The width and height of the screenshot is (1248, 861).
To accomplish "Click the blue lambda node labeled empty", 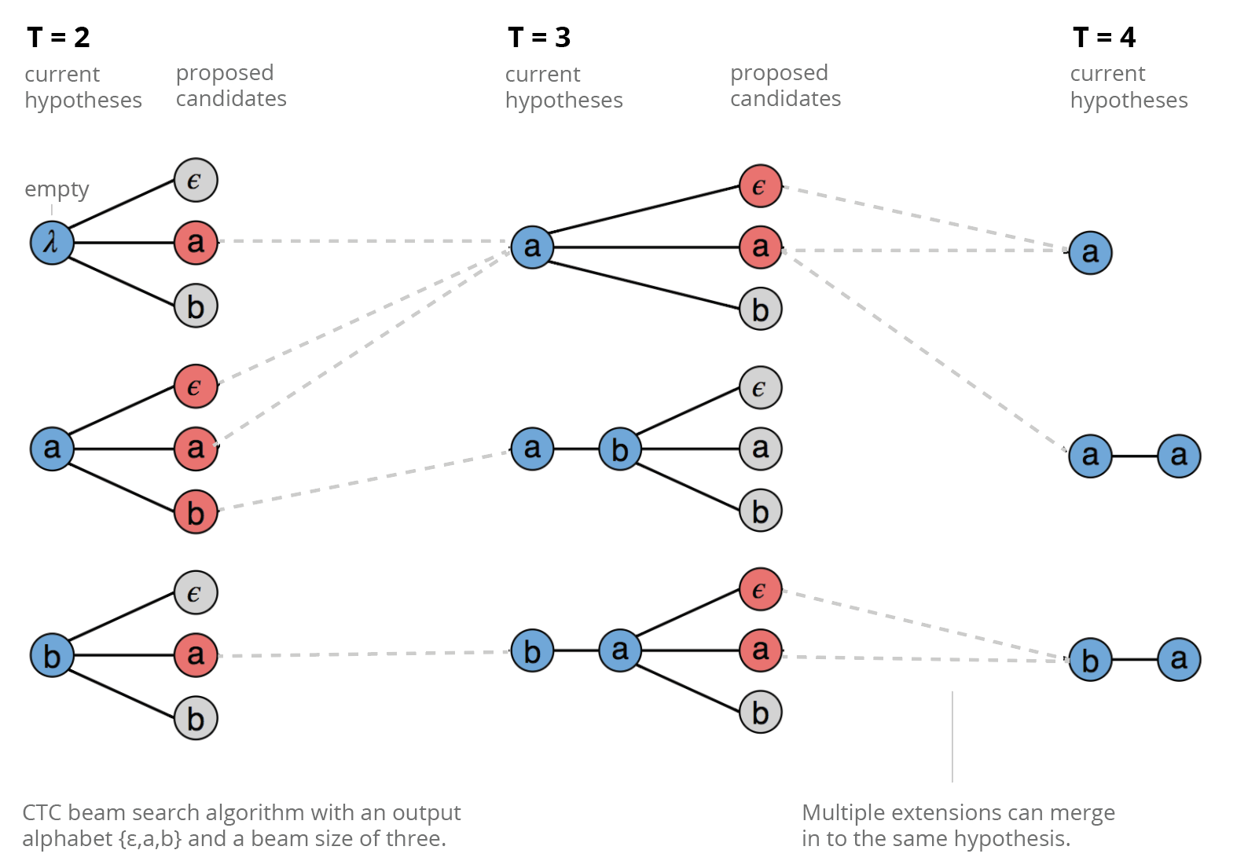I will click(52, 243).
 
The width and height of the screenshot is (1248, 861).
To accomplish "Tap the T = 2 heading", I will click(58, 37).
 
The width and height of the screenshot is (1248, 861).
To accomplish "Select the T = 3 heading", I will click(539, 37).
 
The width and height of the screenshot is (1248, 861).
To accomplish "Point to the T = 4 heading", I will click(1104, 37).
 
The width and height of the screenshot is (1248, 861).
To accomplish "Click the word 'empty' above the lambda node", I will click(57, 189).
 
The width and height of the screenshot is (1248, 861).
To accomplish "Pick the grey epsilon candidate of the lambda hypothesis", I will click(196, 181).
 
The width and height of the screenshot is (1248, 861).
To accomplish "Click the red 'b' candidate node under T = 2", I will click(196, 511).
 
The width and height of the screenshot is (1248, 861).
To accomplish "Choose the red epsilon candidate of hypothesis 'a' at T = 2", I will click(196, 387).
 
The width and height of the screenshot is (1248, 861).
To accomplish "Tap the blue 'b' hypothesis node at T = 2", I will click(52, 655).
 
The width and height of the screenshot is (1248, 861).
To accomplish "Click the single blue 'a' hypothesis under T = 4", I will click(1090, 252).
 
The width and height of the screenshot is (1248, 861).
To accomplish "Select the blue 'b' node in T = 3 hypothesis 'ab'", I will click(620, 449).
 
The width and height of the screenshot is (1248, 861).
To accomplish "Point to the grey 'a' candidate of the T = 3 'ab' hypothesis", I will click(760, 449).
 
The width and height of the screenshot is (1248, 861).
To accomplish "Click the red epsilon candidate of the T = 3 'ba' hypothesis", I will click(760, 589).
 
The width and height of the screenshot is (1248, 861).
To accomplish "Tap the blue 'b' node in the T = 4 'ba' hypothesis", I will click(1090, 660).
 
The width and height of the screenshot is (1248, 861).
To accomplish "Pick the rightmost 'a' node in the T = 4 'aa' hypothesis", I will click(1179, 456).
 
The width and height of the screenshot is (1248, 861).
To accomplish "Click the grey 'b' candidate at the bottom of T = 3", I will click(760, 712).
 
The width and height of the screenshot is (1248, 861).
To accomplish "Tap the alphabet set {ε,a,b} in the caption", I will click(150, 839).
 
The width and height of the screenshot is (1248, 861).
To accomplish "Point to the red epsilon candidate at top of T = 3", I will click(760, 186).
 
